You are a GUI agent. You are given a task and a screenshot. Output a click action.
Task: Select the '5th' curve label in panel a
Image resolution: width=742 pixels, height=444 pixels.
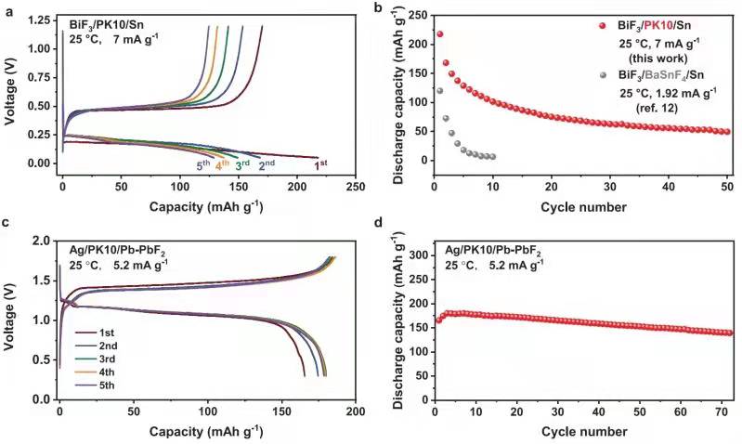pos(203,165)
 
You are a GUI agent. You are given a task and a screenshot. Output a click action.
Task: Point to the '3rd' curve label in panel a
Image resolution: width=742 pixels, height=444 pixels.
pos(242,165)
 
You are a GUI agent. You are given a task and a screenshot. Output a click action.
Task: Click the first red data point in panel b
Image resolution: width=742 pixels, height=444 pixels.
pos(439,33)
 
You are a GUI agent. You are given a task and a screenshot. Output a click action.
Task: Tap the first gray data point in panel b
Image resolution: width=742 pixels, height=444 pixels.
pos(439,90)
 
